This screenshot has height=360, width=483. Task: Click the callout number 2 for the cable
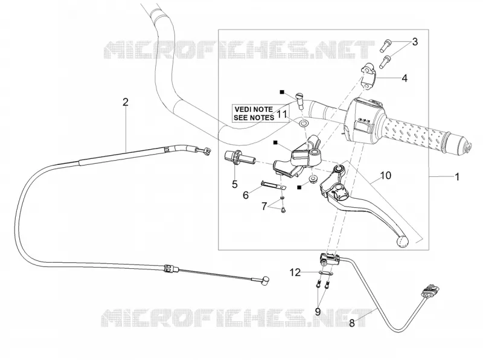(x=125, y=102)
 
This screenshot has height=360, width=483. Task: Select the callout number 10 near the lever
(x=386, y=175)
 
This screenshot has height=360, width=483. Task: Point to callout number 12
(x=295, y=272)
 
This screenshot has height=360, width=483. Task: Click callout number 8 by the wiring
(x=352, y=323)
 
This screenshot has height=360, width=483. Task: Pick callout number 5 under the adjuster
(x=235, y=184)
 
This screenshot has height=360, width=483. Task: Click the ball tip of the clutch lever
(x=402, y=242)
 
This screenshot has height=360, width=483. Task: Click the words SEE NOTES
(x=254, y=117)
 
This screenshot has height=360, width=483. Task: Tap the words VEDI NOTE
(x=254, y=109)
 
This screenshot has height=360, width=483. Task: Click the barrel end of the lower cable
(x=50, y=280)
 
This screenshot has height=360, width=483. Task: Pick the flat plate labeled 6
(x=273, y=185)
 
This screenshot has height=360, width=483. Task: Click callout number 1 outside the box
(x=457, y=177)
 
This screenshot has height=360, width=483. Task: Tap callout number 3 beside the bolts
(x=415, y=42)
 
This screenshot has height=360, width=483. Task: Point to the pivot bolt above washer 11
(x=300, y=100)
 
